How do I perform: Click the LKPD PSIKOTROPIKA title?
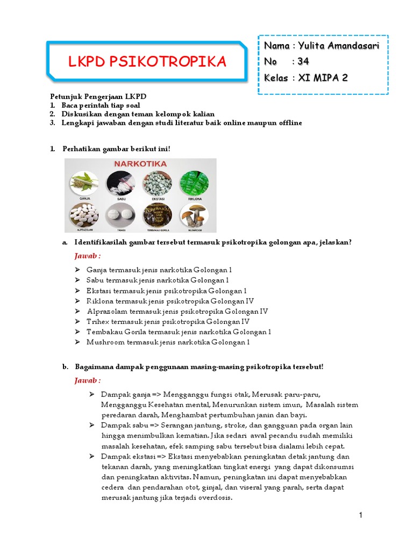click(147, 62)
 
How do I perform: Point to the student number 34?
click(303, 61)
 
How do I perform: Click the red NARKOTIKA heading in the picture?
click(141, 163)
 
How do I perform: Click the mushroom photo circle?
click(195, 215)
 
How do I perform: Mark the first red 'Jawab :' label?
click(87, 256)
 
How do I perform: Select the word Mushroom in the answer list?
click(103, 342)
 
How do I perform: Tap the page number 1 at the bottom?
click(361, 516)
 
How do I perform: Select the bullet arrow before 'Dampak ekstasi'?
click(92, 457)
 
